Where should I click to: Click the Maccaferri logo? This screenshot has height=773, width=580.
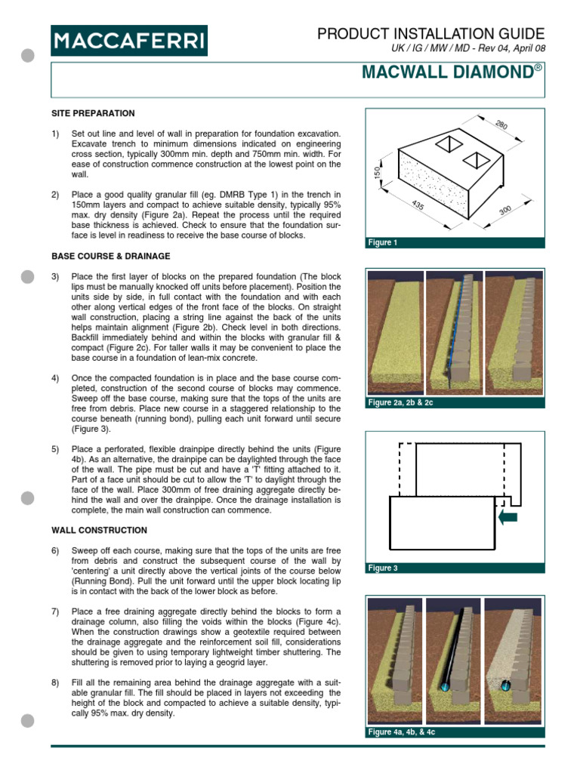129,40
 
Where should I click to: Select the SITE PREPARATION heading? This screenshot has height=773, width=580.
93,113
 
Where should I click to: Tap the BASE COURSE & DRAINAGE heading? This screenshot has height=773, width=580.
110,257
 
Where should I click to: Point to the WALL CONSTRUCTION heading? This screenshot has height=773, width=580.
99,530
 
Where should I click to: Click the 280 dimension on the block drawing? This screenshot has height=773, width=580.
502,125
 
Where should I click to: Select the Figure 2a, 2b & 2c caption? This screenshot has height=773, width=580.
405,403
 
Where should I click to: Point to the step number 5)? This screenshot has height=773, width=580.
55,449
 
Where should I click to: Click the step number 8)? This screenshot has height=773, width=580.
55,682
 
